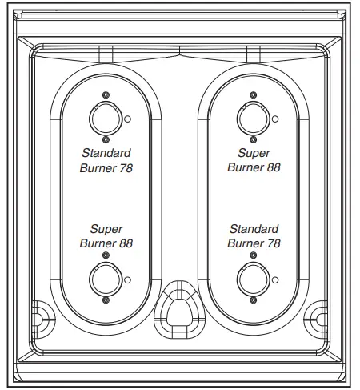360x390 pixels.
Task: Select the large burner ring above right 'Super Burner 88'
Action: pyautogui.click(x=253, y=119)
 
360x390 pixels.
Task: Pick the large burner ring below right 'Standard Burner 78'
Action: pyautogui.click(x=253, y=279)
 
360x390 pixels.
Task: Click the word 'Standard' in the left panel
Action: pyautogui.click(x=106, y=152)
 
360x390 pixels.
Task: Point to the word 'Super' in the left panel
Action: pyautogui.click(x=106, y=229)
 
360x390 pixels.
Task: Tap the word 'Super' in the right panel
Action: pyautogui.click(x=253, y=152)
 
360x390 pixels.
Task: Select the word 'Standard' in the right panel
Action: pyautogui.click(x=253, y=229)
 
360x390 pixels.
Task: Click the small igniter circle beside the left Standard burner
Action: pyautogui.click(x=129, y=119)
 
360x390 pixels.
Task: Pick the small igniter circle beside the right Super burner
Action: pyautogui.click(x=276, y=119)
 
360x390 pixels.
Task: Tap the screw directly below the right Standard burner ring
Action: pyautogui.click(x=253, y=300)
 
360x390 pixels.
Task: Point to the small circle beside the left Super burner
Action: pyautogui.click(x=129, y=279)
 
